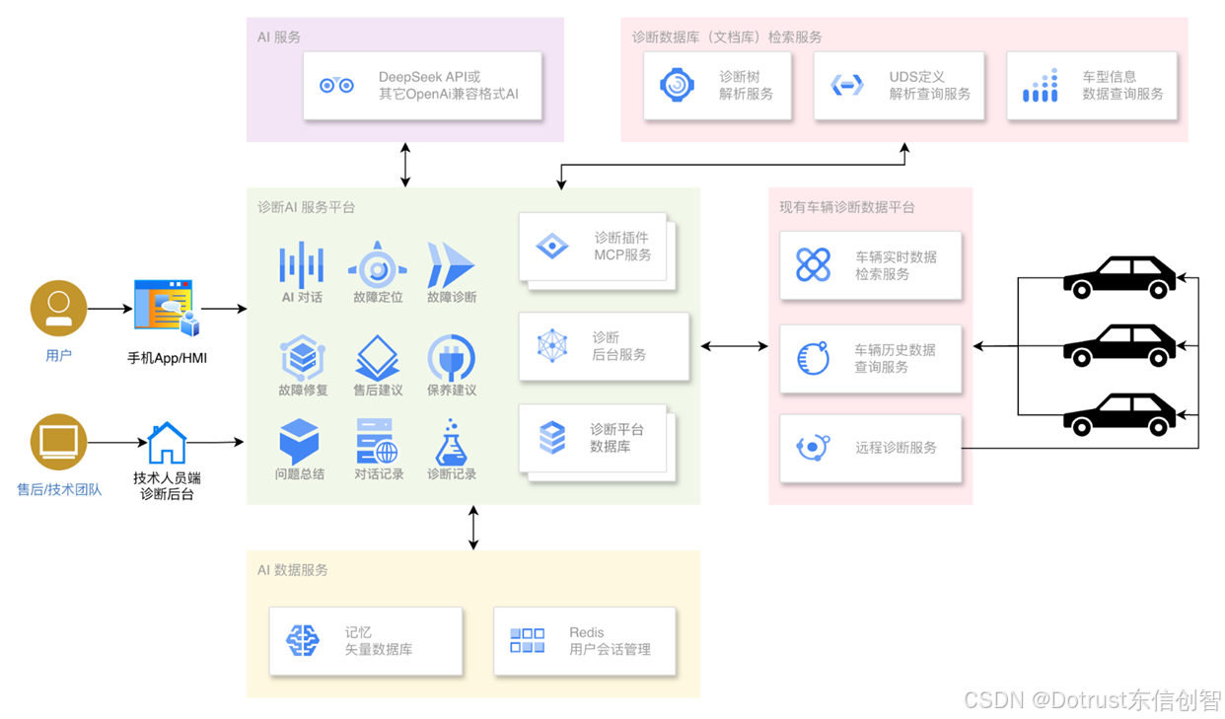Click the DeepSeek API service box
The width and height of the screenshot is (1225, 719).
pyautogui.click(x=422, y=86)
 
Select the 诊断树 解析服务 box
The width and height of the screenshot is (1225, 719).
pyautogui.click(x=717, y=86)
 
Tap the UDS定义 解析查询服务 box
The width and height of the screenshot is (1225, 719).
pyautogui.click(x=899, y=86)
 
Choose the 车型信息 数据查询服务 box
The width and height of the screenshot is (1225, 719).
pyautogui.click(x=1092, y=86)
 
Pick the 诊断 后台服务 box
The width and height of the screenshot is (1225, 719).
pyautogui.click(x=603, y=346)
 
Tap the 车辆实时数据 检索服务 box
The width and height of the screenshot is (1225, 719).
pyautogui.click(x=870, y=265)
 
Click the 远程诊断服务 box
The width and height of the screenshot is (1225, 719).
pyautogui.click(x=870, y=448)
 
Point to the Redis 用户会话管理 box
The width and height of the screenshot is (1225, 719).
pyautogui.click(x=585, y=641)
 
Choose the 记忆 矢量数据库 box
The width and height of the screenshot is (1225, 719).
pyautogui.click(x=365, y=641)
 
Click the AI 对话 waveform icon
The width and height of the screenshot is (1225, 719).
pyautogui.click(x=301, y=263)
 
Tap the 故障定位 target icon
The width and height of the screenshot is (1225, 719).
pyautogui.click(x=377, y=265)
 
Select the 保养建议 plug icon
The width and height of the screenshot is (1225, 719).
pyautogui.click(x=452, y=358)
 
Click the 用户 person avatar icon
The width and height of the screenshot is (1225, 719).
pyautogui.click(x=58, y=309)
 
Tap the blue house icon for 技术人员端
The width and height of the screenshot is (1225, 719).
pyautogui.click(x=167, y=443)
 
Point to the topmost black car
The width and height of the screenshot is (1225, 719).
pyautogui.click(x=1119, y=277)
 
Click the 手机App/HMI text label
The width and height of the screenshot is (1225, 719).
pyautogui.click(x=167, y=358)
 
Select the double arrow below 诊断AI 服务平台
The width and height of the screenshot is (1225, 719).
pyautogui.click(x=473, y=528)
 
